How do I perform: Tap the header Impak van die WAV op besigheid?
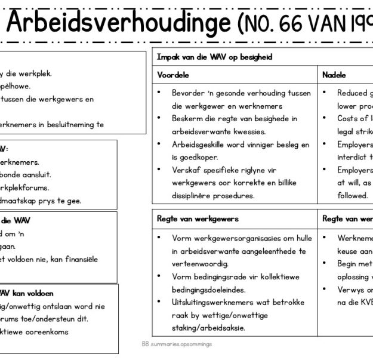pyautogui.click(x=215, y=57)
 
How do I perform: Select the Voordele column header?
pyautogui.click(x=173, y=75)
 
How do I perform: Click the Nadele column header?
pyautogui.click(x=334, y=75)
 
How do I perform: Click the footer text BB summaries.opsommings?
pyautogui.click(x=177, y=344)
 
